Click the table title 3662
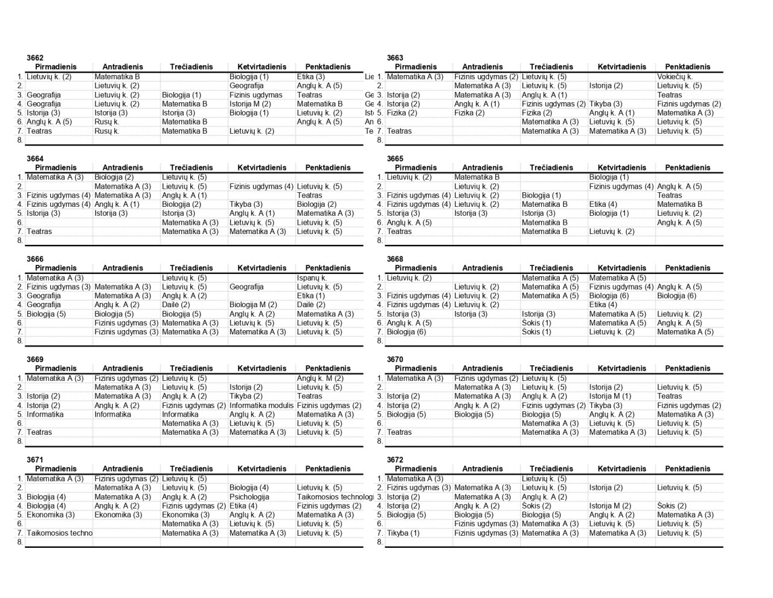click(x=35, y=58)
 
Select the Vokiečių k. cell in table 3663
click(x=675, y=77)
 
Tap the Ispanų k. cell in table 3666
click(x=312, y=278)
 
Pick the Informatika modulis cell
click(x=261, y=406)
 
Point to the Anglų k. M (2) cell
click(x=319, y=379)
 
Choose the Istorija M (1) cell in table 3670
click(x=610, y=397)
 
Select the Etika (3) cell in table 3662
click(x=311, y=77)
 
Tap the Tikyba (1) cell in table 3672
click(x=403, y=533)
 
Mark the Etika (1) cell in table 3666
click(x=311, y=296)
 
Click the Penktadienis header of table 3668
click(x=688, y=268)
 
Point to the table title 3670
click(x=395, y=360)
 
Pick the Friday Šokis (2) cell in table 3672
click(x=672, y=506)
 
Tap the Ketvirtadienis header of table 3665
click(x=621, y=167)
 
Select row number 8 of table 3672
click(x=380, y=542)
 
